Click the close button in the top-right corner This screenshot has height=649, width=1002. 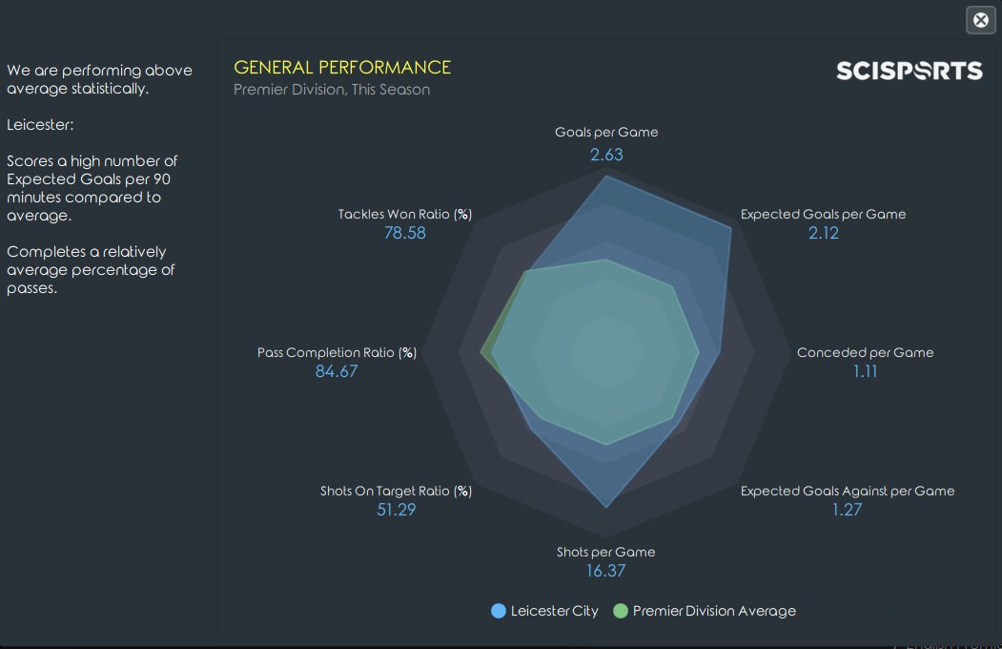click(x=981, y=20)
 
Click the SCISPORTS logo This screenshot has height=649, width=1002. click(x=909, y=71)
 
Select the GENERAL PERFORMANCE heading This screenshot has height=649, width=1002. click(x=342, y=67)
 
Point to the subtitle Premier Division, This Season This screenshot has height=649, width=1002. click(x=332, y=90)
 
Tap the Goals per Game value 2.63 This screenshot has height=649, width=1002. click(x=606, y=155)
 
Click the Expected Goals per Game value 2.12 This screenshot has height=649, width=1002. click(x=823, y=233)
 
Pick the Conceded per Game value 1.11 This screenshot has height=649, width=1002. click(x=865, y=371)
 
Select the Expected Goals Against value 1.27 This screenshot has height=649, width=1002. click(x=847, y=510)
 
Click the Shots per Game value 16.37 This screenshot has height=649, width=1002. click(x=606, y=571)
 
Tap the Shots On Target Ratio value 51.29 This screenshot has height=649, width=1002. click(x=396, y=510)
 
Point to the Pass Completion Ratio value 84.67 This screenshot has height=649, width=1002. click(x=337, y=371)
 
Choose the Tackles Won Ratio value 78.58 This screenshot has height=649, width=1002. click(x=404, y=233)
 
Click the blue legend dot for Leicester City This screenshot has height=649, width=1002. click(x=499, y=611)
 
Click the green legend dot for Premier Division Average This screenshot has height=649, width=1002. click(x=621, y=611)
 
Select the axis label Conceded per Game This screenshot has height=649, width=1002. click(x=865, y=352)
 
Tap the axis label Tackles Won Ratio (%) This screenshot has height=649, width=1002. click(x=404, y=214)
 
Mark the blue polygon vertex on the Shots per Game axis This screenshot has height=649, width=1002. click(x=606, y=506)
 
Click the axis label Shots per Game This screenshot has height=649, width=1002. click(x=606, y=552)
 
